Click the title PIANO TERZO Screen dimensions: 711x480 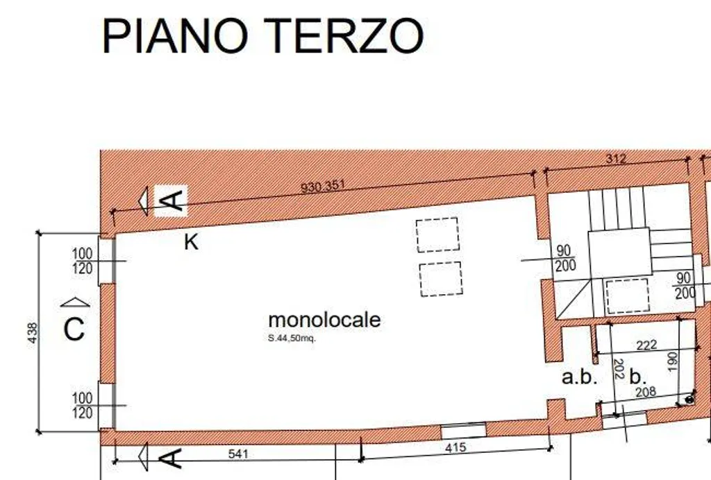click(263, 36)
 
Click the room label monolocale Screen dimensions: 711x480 click(324, 320)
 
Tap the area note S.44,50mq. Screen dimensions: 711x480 click(292, 338)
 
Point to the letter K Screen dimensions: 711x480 click(192, 242)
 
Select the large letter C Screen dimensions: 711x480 click(74, 329)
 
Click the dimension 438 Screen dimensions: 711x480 click(33, 332)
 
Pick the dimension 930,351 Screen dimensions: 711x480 click(323, 186)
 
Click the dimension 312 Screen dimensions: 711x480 click(616, 158)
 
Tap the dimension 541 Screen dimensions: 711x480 click(238, 454)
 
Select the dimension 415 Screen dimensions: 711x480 click(455, 447)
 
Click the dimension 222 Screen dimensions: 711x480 click(646, 345)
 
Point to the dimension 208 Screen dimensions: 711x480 click(645, 392)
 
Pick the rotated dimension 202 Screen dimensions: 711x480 click(619, 369)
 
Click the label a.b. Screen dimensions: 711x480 click(579, 377)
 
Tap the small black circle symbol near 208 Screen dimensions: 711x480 click(689, 400)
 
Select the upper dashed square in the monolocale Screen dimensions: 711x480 click(437, 235)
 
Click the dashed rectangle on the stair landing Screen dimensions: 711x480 click(628, 296)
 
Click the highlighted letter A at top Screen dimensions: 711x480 click(171, 200)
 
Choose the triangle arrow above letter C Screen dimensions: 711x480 click(75, 302)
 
